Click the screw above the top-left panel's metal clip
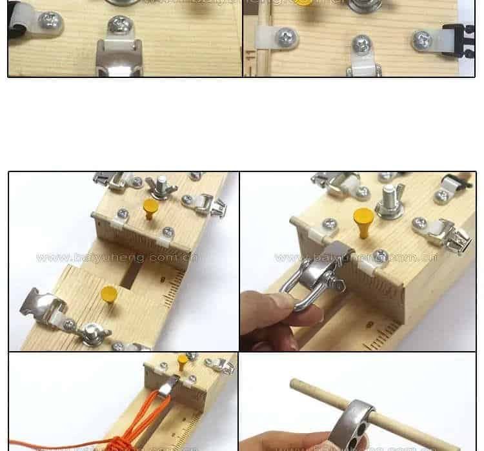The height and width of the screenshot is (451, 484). [x=120, y=26]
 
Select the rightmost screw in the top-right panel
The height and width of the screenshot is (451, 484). [x=423, y=40]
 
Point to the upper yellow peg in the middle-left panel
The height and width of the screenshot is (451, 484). [x=150, y=208]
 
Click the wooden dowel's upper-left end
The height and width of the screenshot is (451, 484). [x=296, y=384]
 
